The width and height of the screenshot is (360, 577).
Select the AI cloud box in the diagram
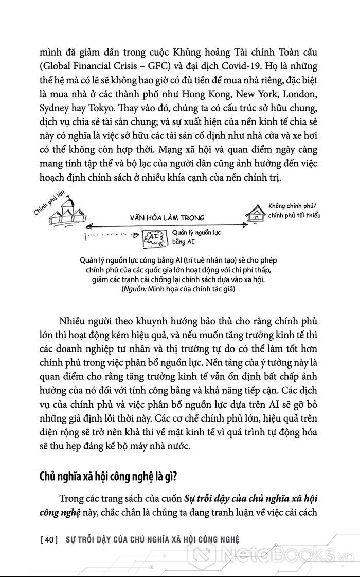coord(153,236)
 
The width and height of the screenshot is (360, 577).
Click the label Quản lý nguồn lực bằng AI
coord(192,236)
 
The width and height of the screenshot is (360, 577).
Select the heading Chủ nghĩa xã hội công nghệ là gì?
coord(108,475)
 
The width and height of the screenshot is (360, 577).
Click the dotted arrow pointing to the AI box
coord(111,235)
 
